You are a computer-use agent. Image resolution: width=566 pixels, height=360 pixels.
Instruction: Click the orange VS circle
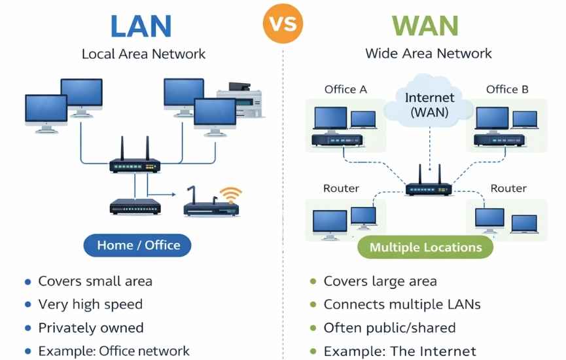tap(283, 24)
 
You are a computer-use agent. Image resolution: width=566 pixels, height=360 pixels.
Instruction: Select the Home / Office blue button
tap(138, 245)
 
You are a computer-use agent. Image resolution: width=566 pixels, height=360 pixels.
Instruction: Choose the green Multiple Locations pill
tap(425, 247)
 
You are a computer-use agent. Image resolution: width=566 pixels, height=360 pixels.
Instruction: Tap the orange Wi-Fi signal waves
tap(230, 194)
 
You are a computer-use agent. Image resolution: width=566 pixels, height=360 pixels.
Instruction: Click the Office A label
tap(345, 89)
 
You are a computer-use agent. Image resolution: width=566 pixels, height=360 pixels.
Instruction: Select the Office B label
tap(507, 89)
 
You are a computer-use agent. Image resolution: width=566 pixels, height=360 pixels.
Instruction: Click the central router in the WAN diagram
tap(428, 186)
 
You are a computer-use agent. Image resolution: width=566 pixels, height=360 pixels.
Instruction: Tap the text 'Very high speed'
tap(90, 304)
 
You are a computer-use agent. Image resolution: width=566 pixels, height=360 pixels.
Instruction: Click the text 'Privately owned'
tap(91, 328)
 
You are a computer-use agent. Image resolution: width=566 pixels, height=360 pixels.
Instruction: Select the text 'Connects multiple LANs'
tap(402, 304)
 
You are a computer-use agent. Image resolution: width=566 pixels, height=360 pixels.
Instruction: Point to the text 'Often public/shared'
tap(390, 328)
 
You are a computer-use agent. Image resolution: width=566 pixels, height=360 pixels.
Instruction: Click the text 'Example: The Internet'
tap(400, 351)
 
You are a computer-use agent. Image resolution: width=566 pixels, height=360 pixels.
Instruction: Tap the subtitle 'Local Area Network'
tap(143, 54)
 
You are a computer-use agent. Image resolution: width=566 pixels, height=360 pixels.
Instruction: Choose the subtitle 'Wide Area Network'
tap(429, 54)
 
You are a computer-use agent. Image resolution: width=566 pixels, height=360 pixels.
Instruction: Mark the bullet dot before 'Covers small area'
tap(27, 282)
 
